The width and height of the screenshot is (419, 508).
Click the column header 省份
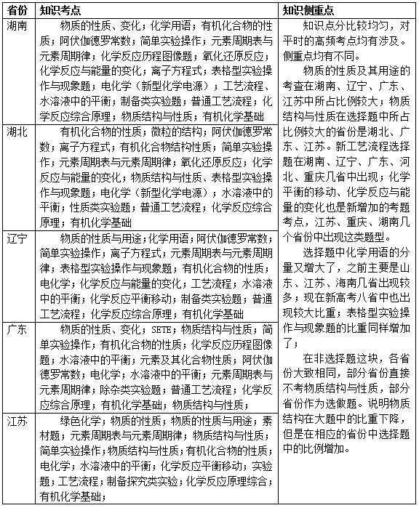point(17,10)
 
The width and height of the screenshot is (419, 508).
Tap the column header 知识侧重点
point(311,10)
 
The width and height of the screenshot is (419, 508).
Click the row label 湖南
point(17,25)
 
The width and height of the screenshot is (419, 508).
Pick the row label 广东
point(17,329)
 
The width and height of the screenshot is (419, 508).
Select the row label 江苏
point(17,422)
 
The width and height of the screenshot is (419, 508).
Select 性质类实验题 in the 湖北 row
point(100,207)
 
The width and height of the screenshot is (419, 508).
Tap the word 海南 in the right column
point(346,283)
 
